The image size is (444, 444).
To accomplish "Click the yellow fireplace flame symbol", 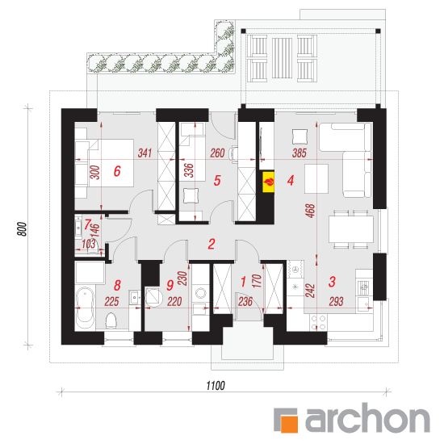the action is click(x=269, y=182).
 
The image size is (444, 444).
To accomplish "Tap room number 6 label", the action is click(x=117, y=171).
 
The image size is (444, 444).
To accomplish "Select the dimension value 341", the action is click(x=145, y=153).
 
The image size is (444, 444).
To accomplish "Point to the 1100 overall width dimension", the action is click(x=216, y=386).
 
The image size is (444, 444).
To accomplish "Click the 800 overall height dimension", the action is click(x=22, y=229).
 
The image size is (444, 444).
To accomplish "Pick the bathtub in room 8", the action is click(x=86, y=308).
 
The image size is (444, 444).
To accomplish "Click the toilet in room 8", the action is click(x=111, y=320).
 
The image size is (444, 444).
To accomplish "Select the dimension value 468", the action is click(x=310, y=211).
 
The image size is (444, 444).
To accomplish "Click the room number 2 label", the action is click(x=212, y=244).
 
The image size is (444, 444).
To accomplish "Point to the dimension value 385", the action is click(x=299, y=153).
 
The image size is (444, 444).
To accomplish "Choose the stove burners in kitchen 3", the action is click(x=318, y=323).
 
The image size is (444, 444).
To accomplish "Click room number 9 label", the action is click(x=170, y=285).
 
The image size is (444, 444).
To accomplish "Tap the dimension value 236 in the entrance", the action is click(x=245, y=302).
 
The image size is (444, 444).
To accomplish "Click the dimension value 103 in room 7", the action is click(x=89, y=244).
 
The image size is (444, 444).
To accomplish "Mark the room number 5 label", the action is click(x=217, y=180).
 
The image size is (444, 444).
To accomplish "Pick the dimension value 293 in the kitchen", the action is click(x=336, y=302).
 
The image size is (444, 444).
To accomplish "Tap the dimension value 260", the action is click(x=217, y=153).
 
